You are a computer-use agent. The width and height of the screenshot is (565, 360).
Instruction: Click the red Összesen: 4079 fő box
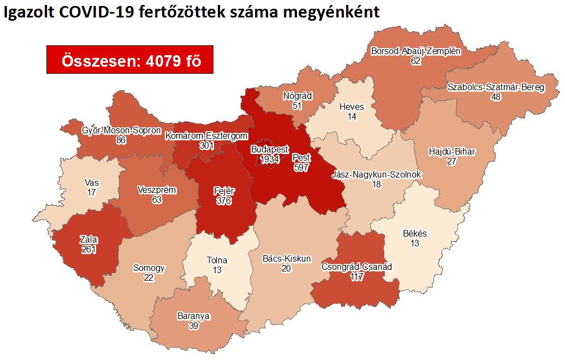click(129, 61)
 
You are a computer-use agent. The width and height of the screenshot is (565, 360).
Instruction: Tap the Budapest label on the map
click(270, 150)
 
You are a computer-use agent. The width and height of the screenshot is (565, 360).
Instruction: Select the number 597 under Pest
click(301, 168)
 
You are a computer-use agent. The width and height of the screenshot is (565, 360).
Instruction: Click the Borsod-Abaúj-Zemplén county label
click(416, 52)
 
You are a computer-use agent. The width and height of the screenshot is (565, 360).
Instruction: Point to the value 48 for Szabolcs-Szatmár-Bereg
click(496, 97)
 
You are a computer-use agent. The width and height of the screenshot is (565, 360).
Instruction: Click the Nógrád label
click(297, 96)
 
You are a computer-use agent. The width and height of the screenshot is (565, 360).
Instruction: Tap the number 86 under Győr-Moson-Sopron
click(121, 140)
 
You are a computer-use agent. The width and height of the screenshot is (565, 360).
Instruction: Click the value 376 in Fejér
click(224, 201)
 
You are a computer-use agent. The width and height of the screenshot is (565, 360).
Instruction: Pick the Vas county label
click(92, 182)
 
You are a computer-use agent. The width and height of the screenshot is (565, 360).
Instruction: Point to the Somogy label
click(149, 268)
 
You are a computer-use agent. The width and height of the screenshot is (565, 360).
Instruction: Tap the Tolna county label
click(217, 261)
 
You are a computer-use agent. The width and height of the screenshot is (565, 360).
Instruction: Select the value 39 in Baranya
click(193, 326)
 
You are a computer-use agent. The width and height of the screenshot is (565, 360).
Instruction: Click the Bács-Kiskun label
click(286, 258)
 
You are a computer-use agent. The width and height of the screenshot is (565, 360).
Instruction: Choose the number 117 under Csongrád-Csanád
click(357, 276)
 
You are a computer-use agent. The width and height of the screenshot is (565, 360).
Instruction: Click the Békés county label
click(415, 233)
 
